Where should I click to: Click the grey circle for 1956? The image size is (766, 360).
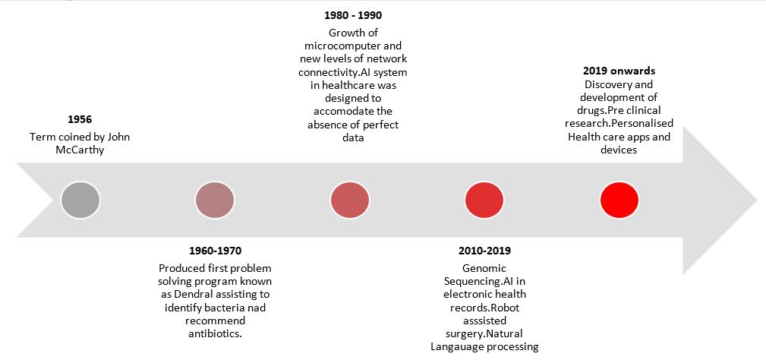pyautogui.click(x=80, y=200)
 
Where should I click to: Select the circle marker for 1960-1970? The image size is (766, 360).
pyautogui.click(x=215, y=200)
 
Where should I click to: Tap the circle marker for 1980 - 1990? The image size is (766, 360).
pyautogui.click(x=350, y=200)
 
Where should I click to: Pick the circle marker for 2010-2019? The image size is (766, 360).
pyautogui.click(x=484, y=200)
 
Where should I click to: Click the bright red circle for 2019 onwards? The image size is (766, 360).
pyautogui.click(x=619, y=200)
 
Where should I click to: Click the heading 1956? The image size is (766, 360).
pyautogui.click(x=80, y=120)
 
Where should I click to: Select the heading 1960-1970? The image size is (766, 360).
pyautogui.click(x=215, y=251)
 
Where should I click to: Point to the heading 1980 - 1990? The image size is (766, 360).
pyautogui.click(x=353, y=16)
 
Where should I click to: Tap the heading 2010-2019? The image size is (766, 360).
pyautogui.click(x=484, y=251)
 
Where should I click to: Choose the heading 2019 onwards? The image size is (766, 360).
pyautogui.click(x=619, y=71)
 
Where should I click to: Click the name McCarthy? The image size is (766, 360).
pyautogui.click(x=80, y=150)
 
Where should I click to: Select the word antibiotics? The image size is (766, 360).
pyautogui.click(x=216, y=334)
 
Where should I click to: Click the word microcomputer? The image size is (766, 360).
pyautogui.click(x=353, y=46)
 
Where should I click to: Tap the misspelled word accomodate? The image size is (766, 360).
pyautogui.click(x=353, y=112)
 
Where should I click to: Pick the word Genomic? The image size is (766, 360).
pyautogui.click(x=484, y=268)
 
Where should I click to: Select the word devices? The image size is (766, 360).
pyautogui.click(x=619, y=150)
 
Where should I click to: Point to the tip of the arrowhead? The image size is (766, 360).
pyautogui.click(x=757, y=200)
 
